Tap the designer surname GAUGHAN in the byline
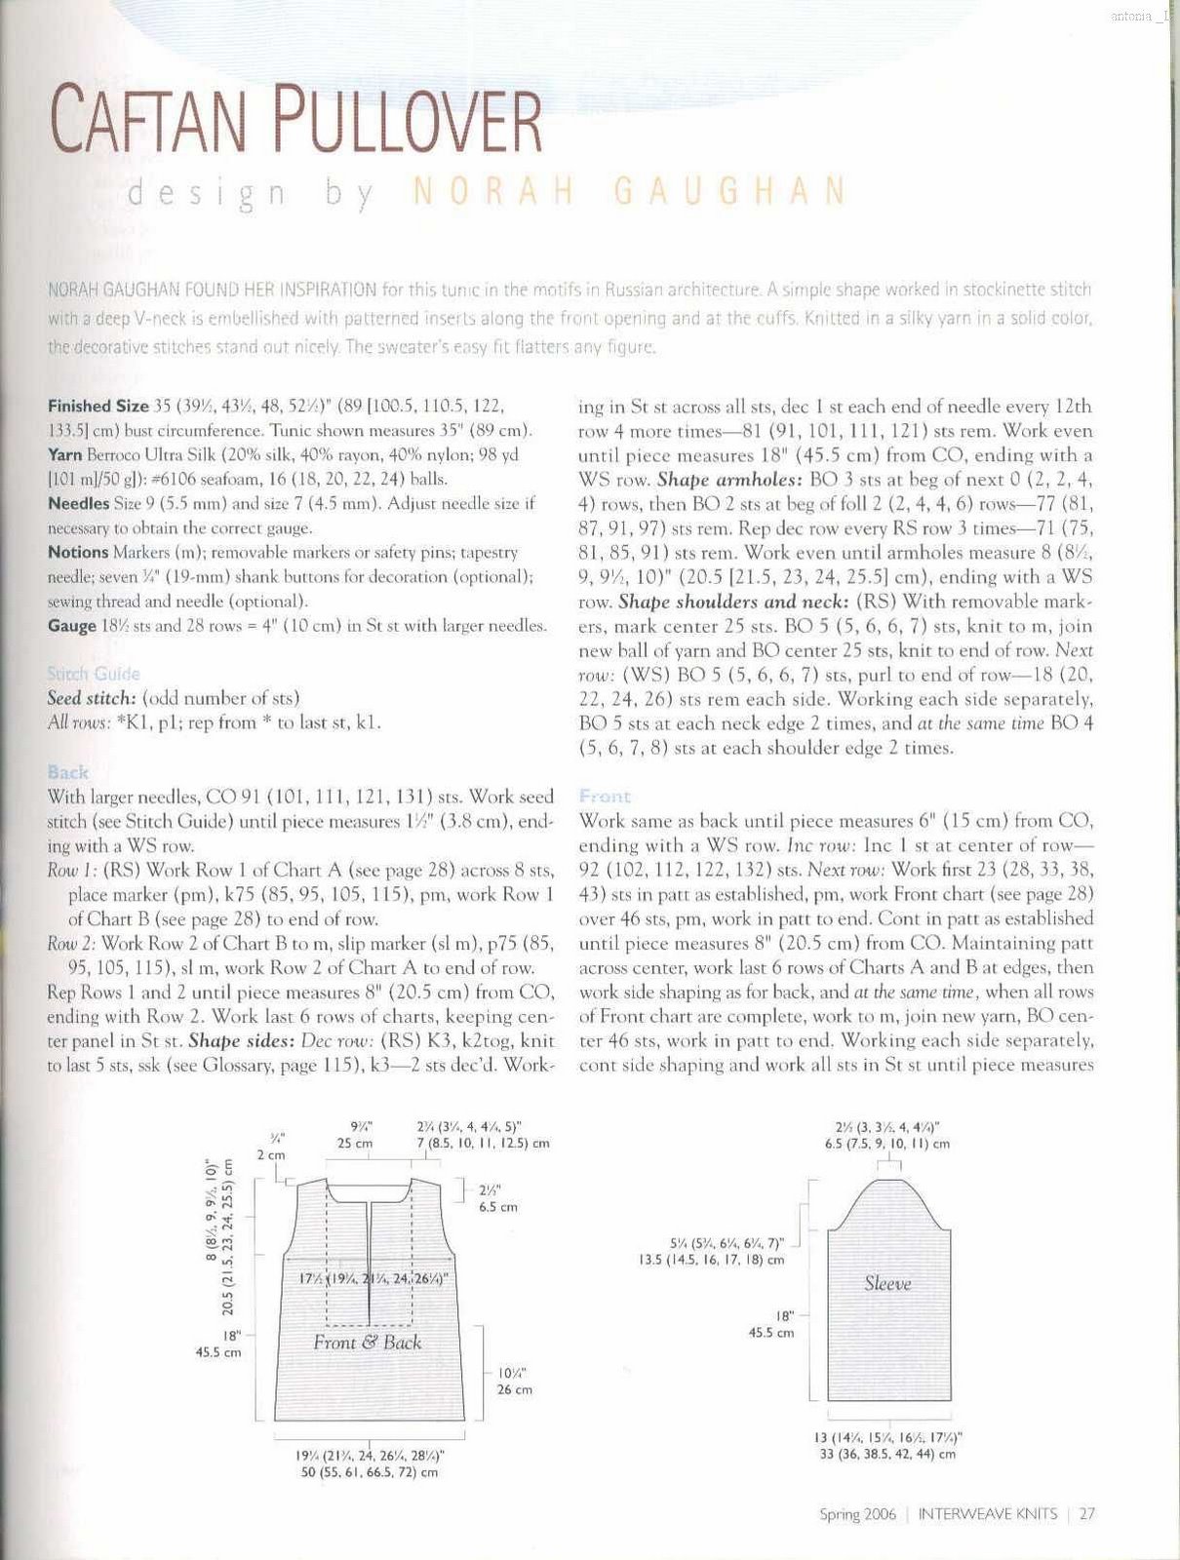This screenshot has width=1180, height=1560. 730,192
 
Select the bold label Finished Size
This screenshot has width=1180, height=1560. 98,406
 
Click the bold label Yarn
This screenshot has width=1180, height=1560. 65,454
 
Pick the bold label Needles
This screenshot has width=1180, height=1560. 78,503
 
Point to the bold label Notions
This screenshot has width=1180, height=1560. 77,552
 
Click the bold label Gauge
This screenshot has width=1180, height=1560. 71,625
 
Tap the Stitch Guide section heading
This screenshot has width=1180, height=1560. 94,674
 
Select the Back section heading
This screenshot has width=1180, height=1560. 67,772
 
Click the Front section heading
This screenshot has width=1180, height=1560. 605,797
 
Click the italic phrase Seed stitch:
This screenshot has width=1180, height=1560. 93,698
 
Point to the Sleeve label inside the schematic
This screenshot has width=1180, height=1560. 887,1284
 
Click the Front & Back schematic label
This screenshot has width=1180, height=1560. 368,1343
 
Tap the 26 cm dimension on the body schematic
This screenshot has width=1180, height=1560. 514,1389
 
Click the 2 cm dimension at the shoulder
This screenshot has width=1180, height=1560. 271,1154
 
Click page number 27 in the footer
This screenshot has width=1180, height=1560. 1087,1514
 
